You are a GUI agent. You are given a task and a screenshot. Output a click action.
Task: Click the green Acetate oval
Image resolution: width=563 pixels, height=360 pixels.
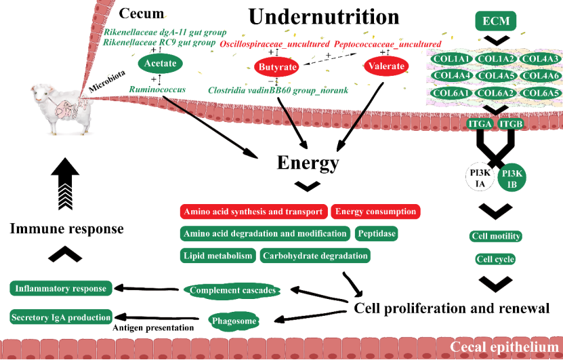click(160, 64)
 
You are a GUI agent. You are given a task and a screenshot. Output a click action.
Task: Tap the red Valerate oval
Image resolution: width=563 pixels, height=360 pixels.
click(385, 66)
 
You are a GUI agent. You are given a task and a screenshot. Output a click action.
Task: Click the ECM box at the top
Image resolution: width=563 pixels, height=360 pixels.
click(496, 22)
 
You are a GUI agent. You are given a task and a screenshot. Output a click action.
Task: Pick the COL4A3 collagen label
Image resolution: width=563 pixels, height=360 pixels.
click(541, 60)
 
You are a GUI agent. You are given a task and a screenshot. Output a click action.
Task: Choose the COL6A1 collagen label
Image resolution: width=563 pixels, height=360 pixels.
click(450, 93)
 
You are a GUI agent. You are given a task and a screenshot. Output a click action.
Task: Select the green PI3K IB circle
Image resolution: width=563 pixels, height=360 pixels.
click(513, 178)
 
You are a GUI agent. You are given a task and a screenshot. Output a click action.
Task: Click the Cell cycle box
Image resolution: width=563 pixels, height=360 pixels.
click(495, 259)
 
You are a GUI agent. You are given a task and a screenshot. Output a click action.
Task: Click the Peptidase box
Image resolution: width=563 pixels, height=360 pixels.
click(376, 234)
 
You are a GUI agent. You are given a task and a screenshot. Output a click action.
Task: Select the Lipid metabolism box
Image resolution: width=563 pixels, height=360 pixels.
click(217, 256)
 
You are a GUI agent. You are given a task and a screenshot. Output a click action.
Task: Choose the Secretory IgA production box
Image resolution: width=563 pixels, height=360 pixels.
click(61, 317)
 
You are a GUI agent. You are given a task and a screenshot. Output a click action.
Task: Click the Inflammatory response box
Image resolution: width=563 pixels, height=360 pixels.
click(61, 289)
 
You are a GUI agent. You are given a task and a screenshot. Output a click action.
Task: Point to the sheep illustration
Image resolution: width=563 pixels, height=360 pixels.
click(58, 109)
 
